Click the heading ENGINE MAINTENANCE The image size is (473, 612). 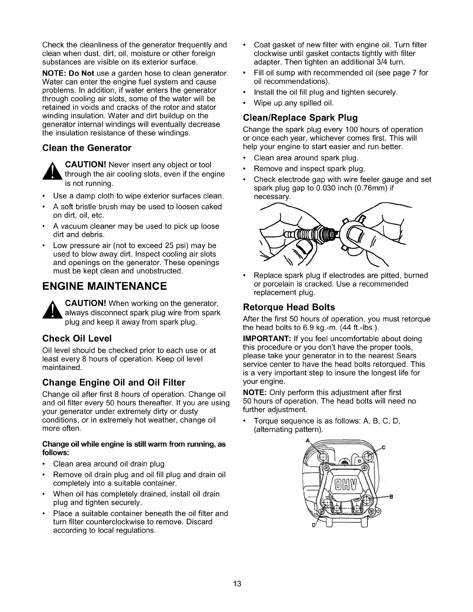[104, 286]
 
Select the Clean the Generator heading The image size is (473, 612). [87, 148]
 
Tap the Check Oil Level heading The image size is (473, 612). [77, 338]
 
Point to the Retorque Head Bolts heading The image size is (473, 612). [289, 307]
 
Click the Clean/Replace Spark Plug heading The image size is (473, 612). [300, 117]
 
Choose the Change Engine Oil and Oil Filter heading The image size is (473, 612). [114, 382]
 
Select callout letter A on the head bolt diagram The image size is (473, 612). [307, 440]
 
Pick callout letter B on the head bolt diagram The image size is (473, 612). [391, 496]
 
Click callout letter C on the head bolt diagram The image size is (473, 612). [384, 447]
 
